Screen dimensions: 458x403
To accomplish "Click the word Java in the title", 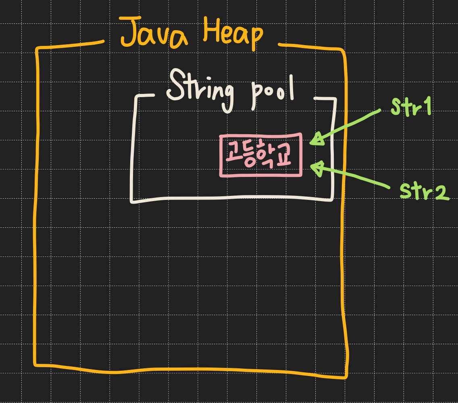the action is click(x=155, y=32).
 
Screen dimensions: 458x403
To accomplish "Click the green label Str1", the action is click(x=411, y=107).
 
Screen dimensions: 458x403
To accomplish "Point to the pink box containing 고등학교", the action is click(x=261, y=155).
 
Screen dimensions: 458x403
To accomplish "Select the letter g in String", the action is click(x=226, y=95).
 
